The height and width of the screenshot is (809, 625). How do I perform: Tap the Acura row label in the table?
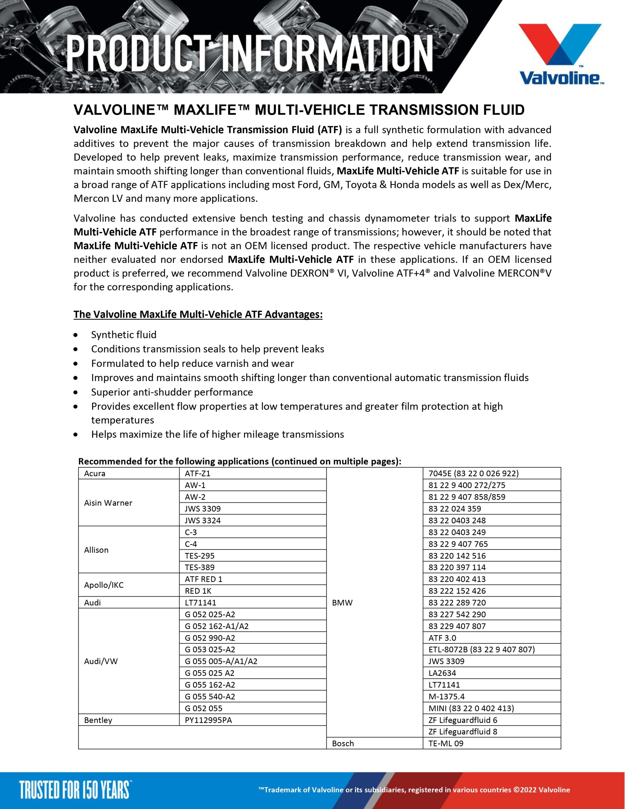[95, 473]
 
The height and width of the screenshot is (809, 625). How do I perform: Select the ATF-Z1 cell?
[197, 473]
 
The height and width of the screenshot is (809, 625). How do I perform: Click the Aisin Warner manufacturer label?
[108, 503]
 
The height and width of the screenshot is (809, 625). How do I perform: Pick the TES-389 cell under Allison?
[200, 567]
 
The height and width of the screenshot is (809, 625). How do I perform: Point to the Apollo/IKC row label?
[104, 585]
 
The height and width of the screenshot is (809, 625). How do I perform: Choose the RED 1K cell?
[198, 591]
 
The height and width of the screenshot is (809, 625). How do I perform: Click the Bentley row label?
[98, 720]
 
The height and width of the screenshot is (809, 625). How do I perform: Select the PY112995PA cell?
[208, 720]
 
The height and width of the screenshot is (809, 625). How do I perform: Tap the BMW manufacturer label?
[342, 603]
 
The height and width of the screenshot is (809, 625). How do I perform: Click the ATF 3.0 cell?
[442, 638]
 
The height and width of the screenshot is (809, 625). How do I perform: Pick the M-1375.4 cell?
[446, 696]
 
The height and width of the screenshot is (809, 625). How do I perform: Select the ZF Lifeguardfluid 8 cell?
[463, 732]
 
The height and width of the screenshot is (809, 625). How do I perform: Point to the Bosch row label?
[343, 744]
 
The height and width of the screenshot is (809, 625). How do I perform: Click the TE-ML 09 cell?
[446, 744]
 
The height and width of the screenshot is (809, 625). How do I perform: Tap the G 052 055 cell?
[203, 708]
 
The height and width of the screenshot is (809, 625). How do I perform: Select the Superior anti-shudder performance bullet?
[172, 392]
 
